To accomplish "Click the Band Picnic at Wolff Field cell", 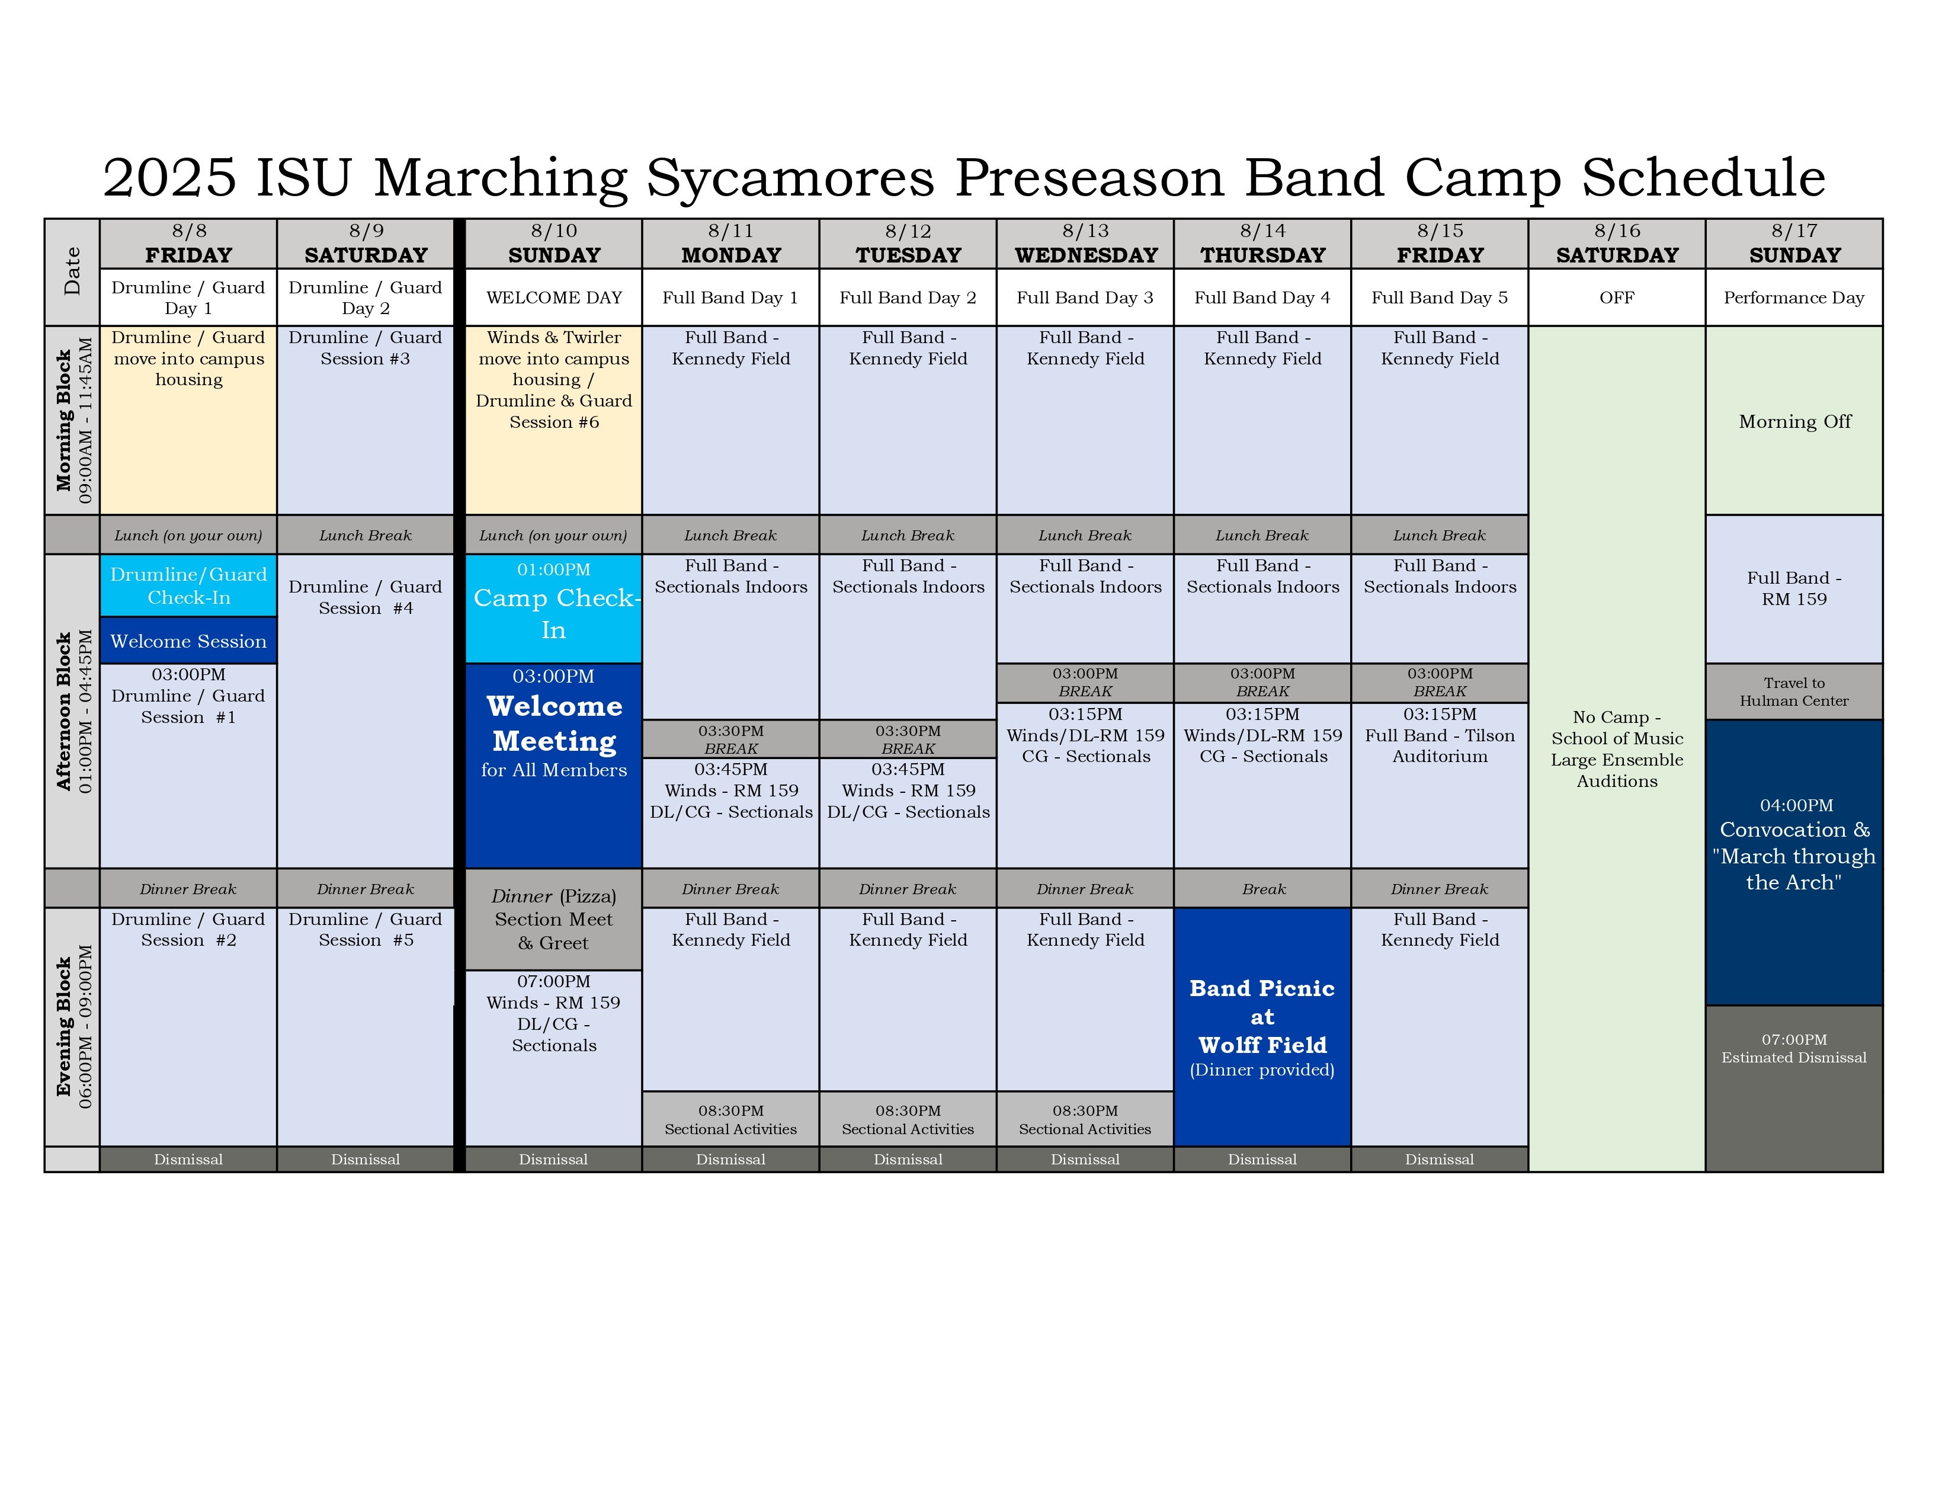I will point(1262,1027).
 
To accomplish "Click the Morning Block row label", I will point(72,420).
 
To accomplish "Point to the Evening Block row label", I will point(72,1027).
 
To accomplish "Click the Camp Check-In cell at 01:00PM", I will point(553,609).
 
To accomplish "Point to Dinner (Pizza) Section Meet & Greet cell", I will point(553,919).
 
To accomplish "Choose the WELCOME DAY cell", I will point(553,297).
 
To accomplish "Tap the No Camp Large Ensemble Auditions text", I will point(1617,748).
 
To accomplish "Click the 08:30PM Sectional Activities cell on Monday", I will point(730,1119).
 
